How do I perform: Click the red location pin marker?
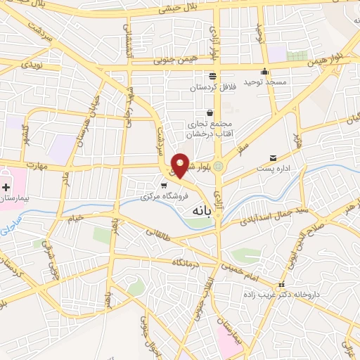click(x=181, y=165)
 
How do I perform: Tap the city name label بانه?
click(x=200, y=210)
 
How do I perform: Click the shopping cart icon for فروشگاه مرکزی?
click(x=164, y=186)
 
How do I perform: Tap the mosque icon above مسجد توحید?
click(x=265, y=71)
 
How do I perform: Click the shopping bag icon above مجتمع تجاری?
click(x=210, y=112)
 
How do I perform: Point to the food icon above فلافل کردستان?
click(x=212, y=76)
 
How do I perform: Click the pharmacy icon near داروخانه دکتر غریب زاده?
click(x=281, y=285)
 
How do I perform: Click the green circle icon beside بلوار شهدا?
click(x=218, y=167)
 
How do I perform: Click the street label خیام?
click(x=75, y=217)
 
